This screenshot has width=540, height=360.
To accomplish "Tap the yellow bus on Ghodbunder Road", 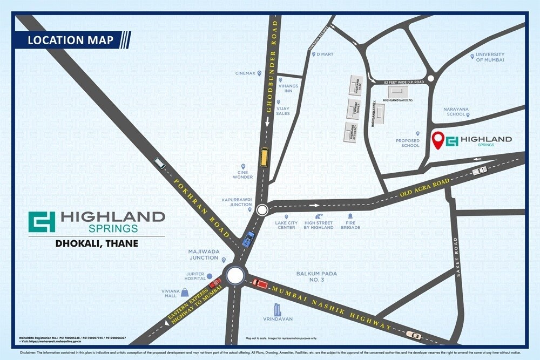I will point(264,157).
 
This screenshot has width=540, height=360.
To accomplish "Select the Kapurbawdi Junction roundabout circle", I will point(262,209).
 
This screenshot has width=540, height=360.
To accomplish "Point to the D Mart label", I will point(325,55).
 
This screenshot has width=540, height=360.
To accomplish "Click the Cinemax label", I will point(245,73).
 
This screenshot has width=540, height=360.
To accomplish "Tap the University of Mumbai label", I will point(490,57).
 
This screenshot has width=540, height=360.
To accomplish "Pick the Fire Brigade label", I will point(350,225).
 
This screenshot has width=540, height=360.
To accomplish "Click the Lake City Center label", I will point(286,225).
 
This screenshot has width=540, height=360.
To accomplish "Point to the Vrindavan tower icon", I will point(278,309).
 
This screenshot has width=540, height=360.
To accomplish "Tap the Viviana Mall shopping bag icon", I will point(185,292).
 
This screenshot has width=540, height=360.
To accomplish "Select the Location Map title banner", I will point(71,40).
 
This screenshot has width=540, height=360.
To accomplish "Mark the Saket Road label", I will point(456,257).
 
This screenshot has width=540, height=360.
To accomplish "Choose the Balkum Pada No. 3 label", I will point(316,276).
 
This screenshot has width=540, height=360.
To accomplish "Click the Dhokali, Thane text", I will point(97,243).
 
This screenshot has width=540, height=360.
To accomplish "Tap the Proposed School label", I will point(408,143).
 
